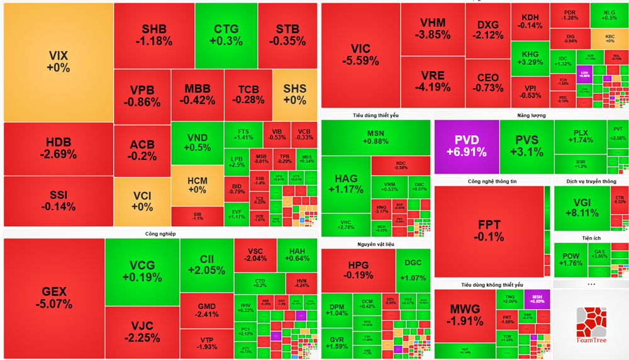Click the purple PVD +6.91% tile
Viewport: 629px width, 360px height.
(466, 147)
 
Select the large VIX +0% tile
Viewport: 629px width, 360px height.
(58, 62)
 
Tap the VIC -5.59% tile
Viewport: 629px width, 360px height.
(360, 55)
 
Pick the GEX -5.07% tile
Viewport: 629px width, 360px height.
(53, 297)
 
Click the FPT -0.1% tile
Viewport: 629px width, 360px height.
(489, 231)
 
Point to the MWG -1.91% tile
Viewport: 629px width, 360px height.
(465, 315)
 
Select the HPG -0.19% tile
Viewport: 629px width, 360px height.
(358, 270)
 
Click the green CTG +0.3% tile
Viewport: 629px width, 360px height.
(226, 35)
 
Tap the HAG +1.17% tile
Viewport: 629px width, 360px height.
(345, 184)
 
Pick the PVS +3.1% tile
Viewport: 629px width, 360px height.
(526, 147)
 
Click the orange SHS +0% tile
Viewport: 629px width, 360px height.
(294, 94)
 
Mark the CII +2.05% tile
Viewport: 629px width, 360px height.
(206, 264)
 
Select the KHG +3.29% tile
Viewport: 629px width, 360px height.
(530, 59)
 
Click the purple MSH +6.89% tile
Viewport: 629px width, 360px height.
(537, 299)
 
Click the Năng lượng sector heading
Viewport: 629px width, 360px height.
(531, 115)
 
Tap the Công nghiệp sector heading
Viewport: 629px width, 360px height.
(160, 233)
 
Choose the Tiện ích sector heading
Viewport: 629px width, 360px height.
(591, 238)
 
